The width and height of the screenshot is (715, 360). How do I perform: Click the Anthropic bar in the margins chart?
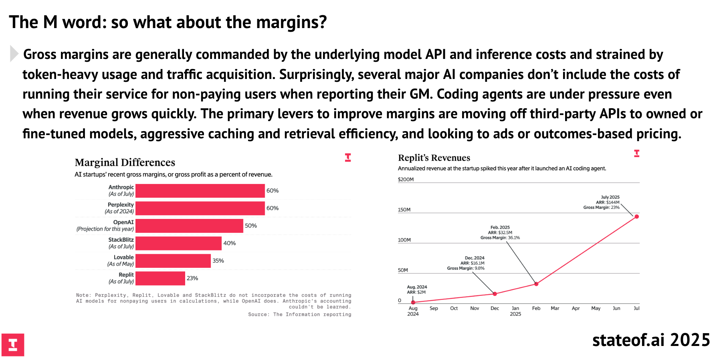(200, 191)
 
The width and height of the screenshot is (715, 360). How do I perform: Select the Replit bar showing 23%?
(160, 278)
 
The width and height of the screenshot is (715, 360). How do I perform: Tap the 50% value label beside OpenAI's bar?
(251, 226)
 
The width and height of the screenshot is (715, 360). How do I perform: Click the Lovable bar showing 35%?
(173, 261)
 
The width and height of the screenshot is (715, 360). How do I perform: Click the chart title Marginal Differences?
(125, 162)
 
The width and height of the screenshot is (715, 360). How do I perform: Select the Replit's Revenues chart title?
(434, 158)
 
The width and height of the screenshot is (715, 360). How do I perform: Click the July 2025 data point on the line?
(636, 216)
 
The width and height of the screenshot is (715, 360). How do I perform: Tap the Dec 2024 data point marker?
(495, 294)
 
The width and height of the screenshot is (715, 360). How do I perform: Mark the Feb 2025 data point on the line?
(536, 284)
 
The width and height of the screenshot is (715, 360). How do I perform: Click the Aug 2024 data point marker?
(413, 302)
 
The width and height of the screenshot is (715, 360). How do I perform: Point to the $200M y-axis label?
(406, 180)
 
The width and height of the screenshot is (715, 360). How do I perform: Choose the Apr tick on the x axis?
(576, 308)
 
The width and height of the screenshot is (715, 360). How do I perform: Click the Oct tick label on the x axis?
(454, 308)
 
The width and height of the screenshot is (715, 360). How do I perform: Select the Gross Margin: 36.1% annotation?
(500, 238)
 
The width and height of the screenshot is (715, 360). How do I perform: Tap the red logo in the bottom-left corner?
(13, 345)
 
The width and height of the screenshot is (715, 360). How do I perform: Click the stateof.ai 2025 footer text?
(651, 340)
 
